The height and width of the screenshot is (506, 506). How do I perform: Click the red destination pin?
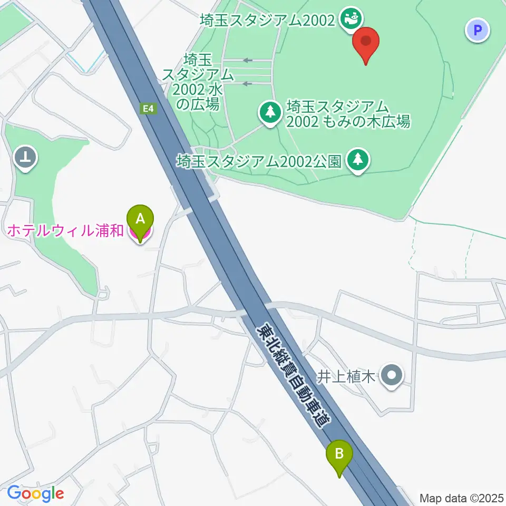point(367,45)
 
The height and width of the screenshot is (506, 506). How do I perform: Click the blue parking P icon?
point(478,30)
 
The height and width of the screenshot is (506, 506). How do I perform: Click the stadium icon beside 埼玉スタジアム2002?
point(350,19)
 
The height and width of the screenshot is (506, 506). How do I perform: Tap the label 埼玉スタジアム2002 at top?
point(267,21)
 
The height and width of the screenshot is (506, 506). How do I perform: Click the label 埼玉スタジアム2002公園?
point(260,160)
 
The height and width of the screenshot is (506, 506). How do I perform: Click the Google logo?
point(35,493)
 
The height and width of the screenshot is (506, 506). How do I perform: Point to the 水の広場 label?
point(198,82)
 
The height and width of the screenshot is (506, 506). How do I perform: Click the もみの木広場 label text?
point(348,114)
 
